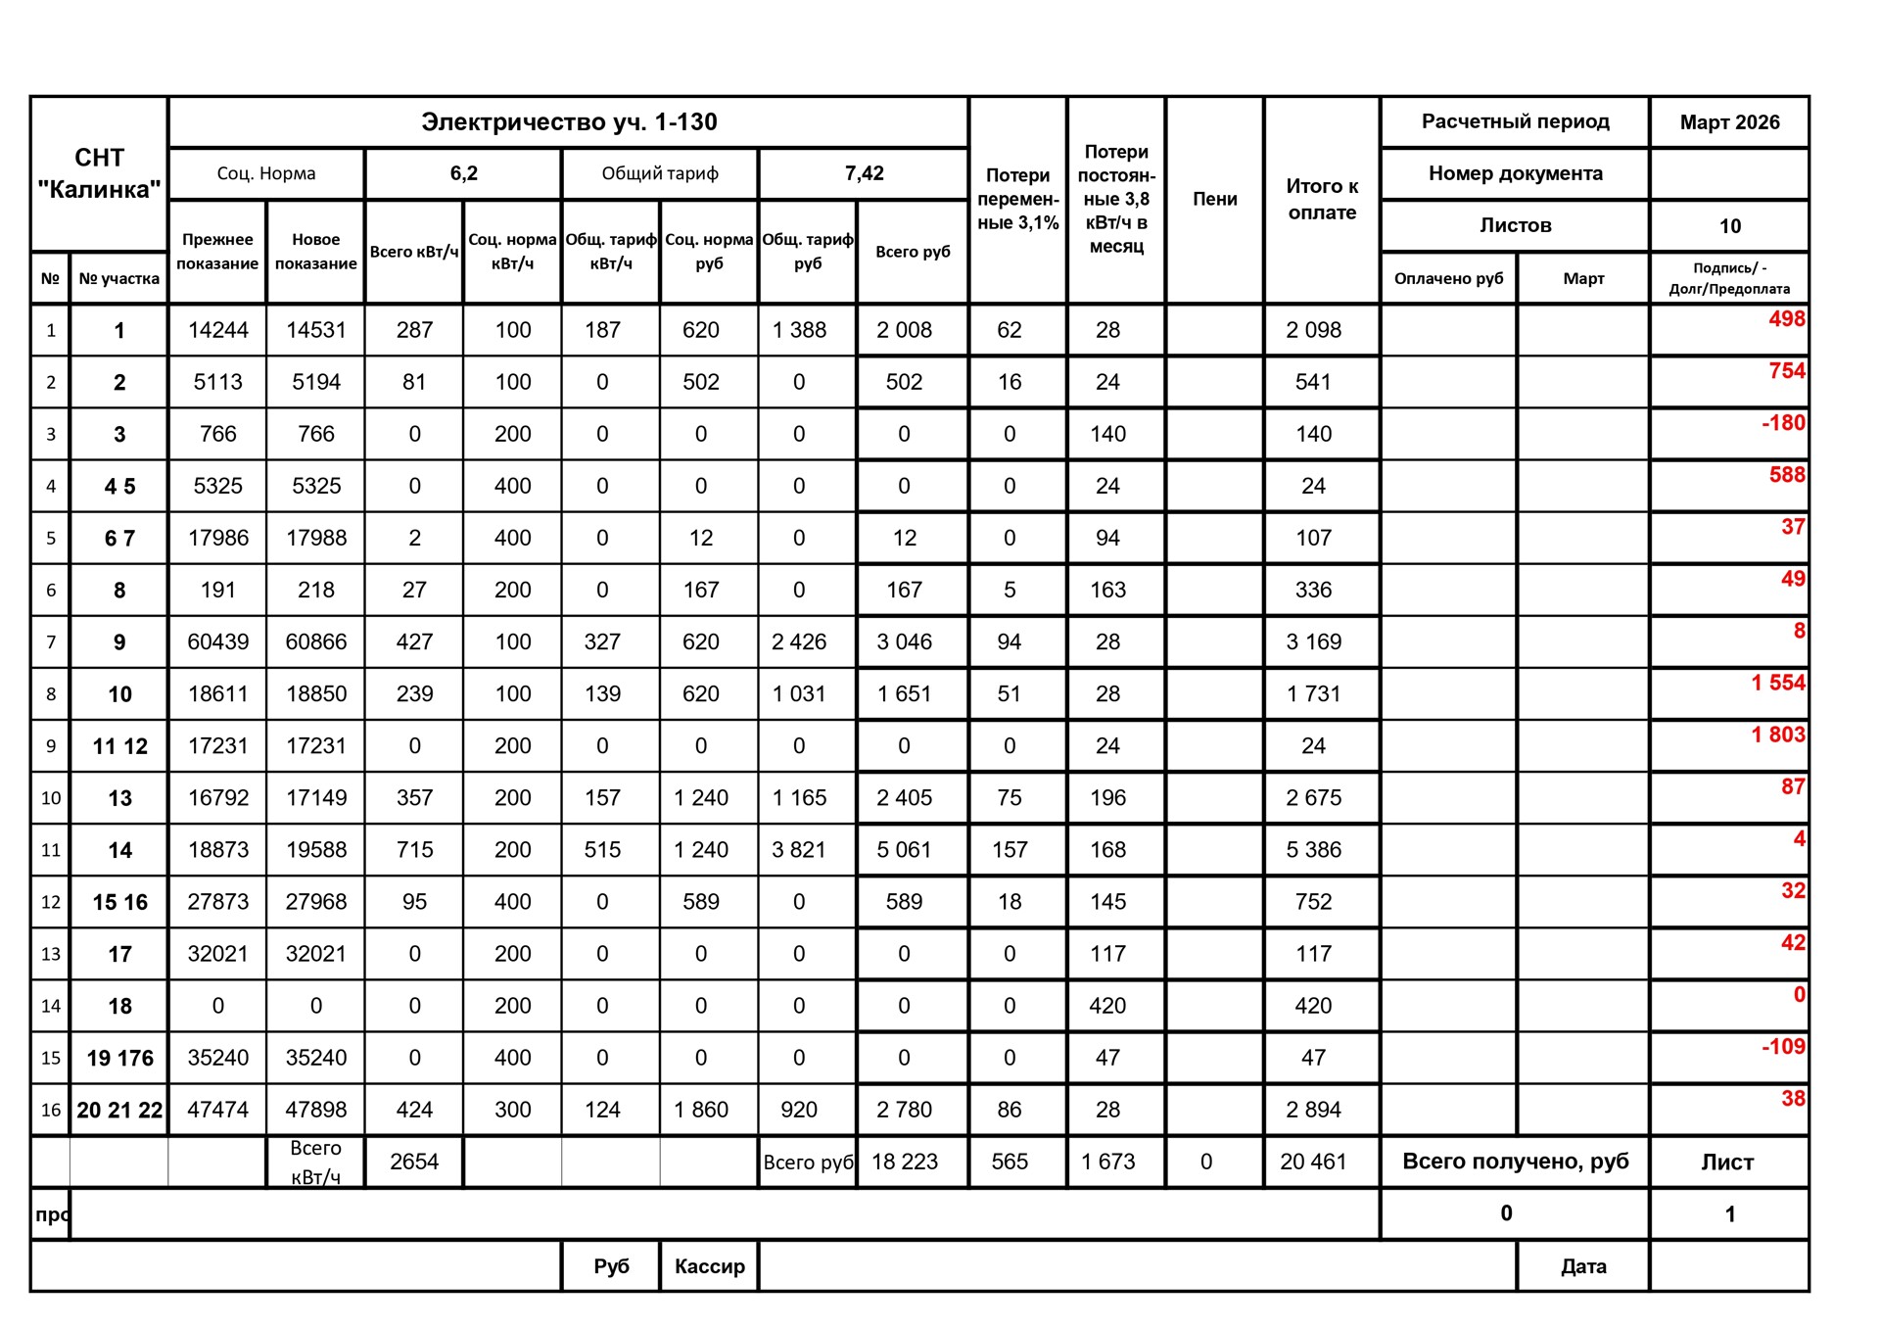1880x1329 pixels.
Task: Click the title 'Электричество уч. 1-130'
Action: point(569,122)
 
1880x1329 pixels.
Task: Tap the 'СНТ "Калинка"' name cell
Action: point(99,173)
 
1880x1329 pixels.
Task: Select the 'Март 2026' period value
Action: point(1729,122)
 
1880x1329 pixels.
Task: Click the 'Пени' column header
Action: point(1214,199)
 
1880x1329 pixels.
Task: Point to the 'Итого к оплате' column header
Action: point(1322,199)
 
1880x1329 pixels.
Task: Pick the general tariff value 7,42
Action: point(864,173)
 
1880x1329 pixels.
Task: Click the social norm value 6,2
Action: point(463,173)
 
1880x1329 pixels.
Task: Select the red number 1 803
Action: point(1777,735)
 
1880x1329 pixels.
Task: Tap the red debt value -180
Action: point(1783,423)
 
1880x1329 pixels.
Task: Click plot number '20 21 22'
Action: point(119,1110)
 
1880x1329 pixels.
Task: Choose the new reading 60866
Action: point(315,641)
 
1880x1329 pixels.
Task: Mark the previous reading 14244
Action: point(217,330)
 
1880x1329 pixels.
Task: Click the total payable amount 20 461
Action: point(1313,1162)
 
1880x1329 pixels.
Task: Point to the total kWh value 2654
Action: point(414,1162)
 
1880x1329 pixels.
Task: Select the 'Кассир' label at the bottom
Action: point(709,1266)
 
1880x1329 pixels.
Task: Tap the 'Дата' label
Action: point(1583,1266)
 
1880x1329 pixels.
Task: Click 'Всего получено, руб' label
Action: point(1515,1162)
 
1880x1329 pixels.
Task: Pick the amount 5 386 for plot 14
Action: point(1313,850)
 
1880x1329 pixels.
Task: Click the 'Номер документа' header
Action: point(1515,173)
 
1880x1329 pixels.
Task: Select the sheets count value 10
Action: point(1729,226)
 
